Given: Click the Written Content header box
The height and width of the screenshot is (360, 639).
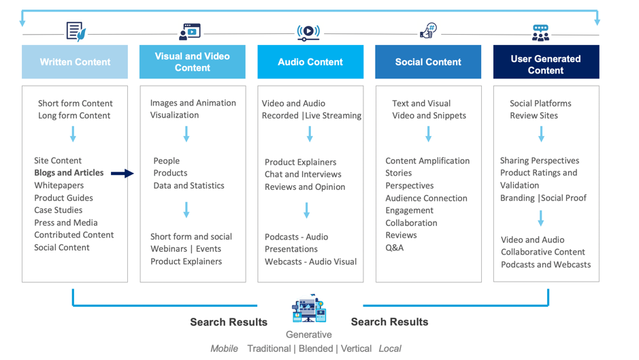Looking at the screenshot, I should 75,62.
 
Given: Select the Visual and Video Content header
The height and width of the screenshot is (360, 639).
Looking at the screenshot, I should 192,62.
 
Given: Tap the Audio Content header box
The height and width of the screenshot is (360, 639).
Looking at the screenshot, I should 310,62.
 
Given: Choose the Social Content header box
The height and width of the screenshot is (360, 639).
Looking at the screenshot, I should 428,62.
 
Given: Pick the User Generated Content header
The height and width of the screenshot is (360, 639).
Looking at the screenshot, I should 546,62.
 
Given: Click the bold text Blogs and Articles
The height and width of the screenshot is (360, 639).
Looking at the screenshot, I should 69,173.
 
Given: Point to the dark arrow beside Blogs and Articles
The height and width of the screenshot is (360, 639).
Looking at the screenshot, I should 122,174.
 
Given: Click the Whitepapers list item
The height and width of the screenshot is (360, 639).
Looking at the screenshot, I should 59,185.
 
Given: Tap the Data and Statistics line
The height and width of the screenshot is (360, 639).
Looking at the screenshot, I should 189,185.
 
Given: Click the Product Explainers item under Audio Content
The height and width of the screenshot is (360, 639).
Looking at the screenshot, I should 300,162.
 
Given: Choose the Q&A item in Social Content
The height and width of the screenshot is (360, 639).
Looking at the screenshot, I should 395,248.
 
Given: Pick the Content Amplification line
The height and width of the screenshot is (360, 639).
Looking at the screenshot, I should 427,161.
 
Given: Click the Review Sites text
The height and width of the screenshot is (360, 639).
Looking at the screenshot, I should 534,116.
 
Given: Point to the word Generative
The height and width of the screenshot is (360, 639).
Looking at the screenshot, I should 309,334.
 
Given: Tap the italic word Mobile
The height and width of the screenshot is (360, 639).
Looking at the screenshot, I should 224,348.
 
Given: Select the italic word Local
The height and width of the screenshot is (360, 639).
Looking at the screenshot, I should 390,348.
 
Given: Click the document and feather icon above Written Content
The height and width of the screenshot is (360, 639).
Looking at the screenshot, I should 76,31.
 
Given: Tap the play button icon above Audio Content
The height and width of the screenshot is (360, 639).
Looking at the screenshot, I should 308,31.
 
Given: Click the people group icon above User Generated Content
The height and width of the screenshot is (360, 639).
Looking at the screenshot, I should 540,33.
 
